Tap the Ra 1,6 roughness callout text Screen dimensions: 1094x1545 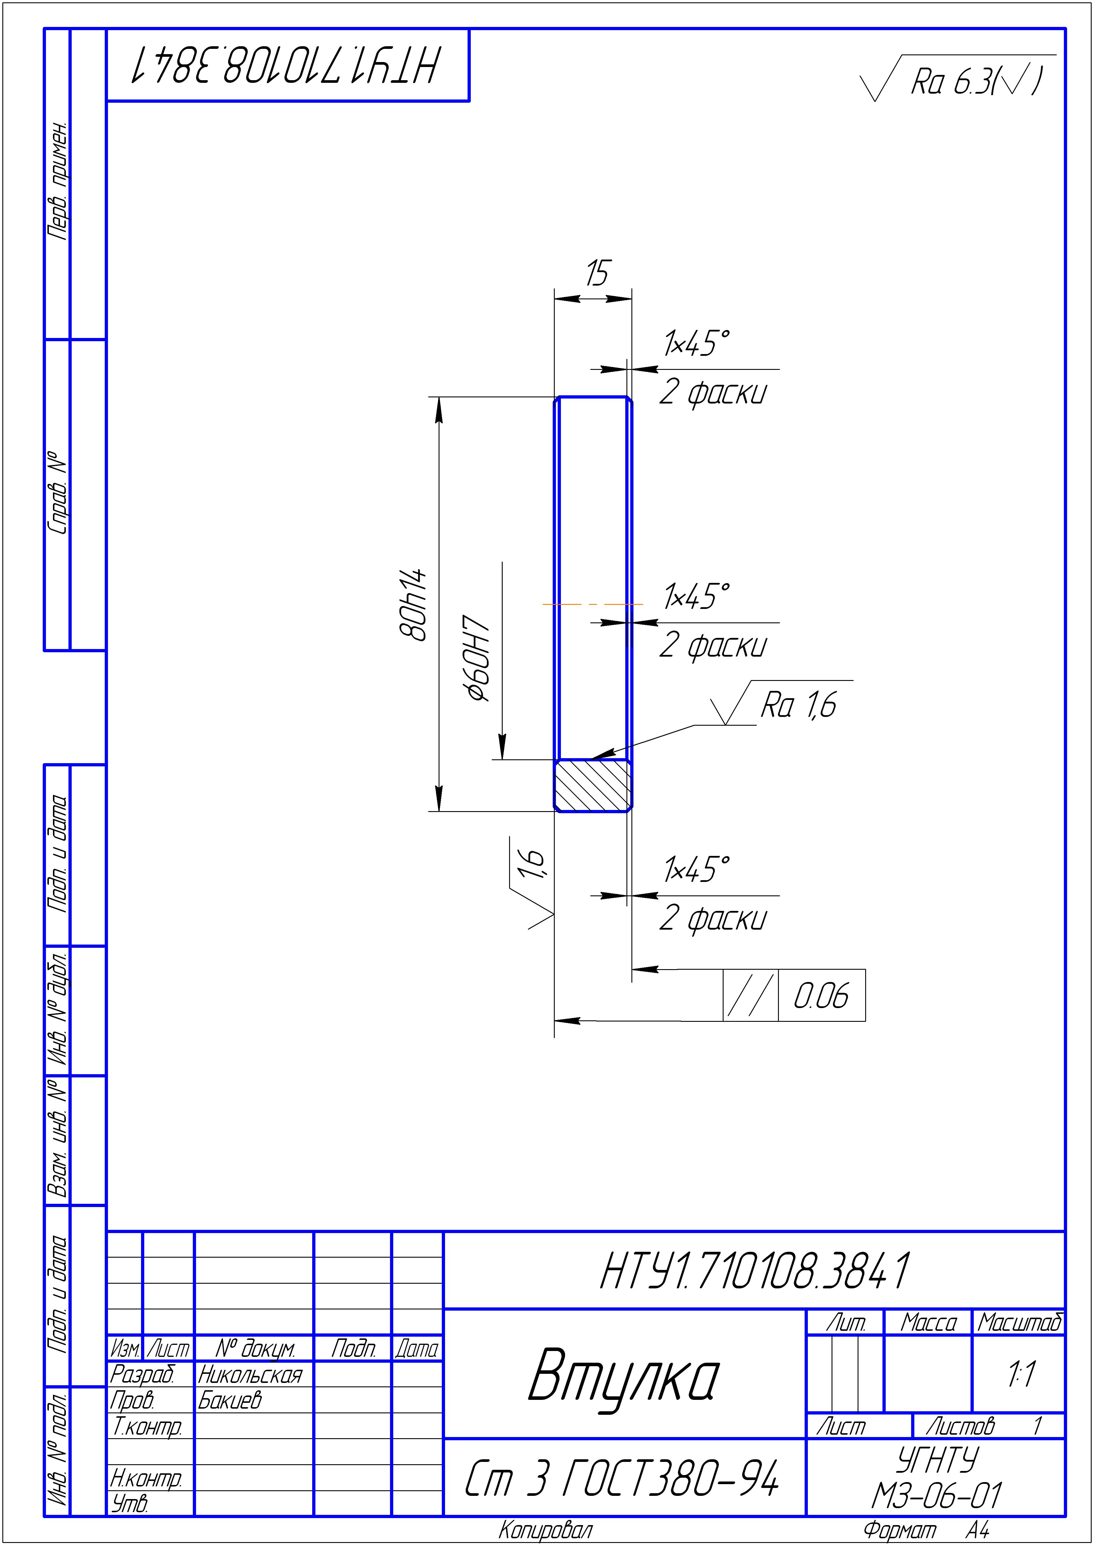click(798, 705)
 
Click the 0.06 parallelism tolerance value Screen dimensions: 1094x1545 click(820, 995)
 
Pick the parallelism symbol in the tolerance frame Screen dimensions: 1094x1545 click(750, 995)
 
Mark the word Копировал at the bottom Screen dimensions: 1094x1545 click(546, 1530)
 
